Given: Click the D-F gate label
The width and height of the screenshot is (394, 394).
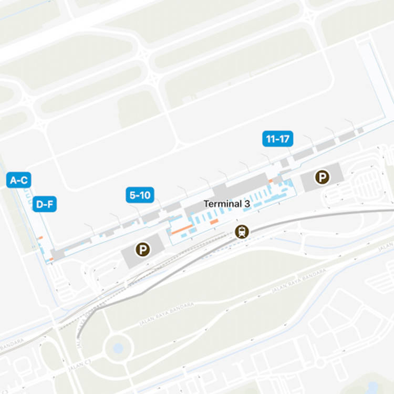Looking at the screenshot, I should pyautogui.click(x=44, y=204).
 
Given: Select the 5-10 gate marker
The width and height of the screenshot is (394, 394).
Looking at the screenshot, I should pyautogui.click(x=139, y=195).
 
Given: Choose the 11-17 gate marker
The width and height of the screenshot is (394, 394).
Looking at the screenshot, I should pyautogui.click(x=277, y=139).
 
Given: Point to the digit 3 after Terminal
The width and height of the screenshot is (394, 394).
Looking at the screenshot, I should pyautogui.click(x=247, y=204).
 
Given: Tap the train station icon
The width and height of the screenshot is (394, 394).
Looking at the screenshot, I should pyautogui.click(x=242, y=232).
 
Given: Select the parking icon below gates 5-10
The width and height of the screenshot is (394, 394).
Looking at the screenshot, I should pyautogui.click(x=142, y=249).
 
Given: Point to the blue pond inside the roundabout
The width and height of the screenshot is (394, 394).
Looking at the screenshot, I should pyautogui.click(x=118, y=348).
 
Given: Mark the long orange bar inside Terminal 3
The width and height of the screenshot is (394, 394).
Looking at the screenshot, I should pyautogui.click(x=182, y=229).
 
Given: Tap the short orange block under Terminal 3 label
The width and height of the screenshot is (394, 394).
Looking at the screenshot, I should pyautogui.click(x=214, y=222).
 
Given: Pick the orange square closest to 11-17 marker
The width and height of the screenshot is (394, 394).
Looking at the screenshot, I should pyautogui.click(x=271, y=181).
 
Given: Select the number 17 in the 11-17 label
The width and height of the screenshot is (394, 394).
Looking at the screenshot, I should pyautogui.click(x=284, y=139).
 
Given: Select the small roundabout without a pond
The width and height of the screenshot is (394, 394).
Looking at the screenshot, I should pyautogui.click(x=319, y=362).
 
